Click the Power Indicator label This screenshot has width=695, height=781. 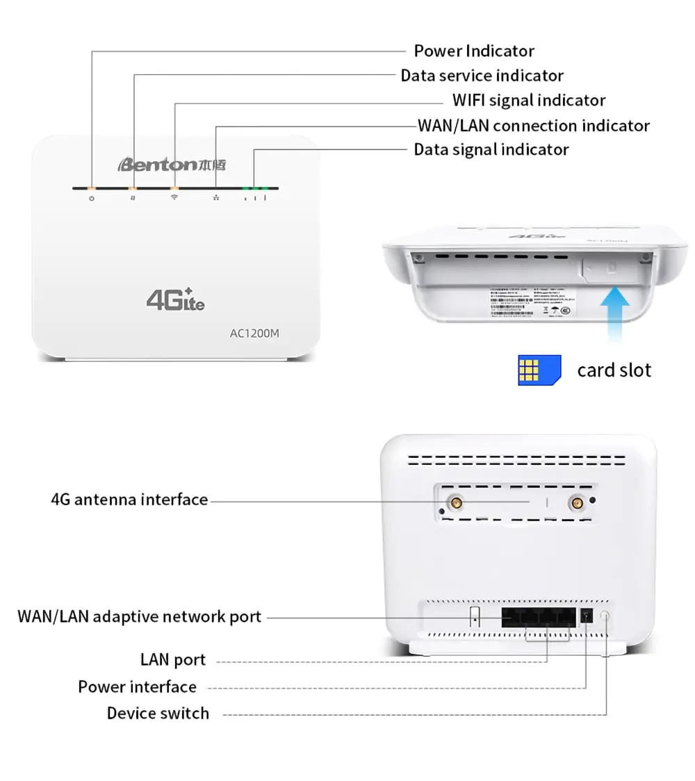pyautogui.click(x=474, y=51)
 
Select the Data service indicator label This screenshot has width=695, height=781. pyautogui.click(x=482, y=76)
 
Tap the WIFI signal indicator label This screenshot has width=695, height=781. pyautogui.click(x=528, y=100)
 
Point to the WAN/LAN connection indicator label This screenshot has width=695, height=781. pyautogui.click(x=533, y=126)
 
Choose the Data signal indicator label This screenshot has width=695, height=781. pyautogui.click(x=491, y=149)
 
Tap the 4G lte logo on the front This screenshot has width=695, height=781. pyautogui.click(x=175, y=298)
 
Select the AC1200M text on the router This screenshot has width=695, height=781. pyautogui.click(x=254, y=333)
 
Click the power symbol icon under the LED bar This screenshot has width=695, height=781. pyautogui.click(x=91, y=199)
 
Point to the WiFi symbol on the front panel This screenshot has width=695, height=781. pyautogui.click(x=174, y=199)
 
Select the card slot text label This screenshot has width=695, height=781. pyautogui.click(x=614, y=370)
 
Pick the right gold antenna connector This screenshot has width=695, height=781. pyautogui.click(x=575, y=502)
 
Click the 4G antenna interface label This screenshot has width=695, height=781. pyautogui.click(x=129, y=500)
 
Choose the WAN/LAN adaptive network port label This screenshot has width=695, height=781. pyautogui.click(x=139, y=616)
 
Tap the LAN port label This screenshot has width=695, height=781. pyautogui.click(x=173, y=659)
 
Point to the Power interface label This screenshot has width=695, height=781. pyautogui.click(x=137, y=687)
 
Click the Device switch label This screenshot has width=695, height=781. pyautogui.click(x=158, y=713)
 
